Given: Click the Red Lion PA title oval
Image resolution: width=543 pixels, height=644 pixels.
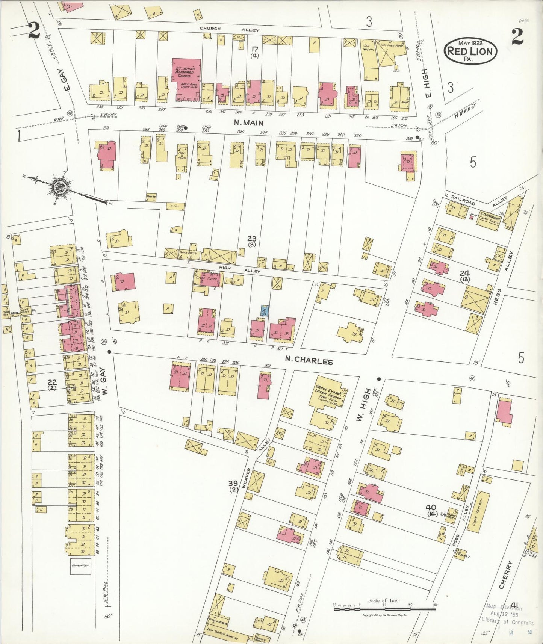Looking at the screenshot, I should tap(470, 51).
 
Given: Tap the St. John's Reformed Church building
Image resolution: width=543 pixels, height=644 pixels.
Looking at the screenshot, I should tap(186, 79).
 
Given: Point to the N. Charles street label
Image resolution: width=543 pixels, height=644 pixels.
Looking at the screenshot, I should tap(309, 361).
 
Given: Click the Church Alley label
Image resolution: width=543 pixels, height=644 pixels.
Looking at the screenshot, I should tap(229, 29).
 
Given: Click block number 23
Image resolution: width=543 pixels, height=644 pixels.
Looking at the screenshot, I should tap(251, 238).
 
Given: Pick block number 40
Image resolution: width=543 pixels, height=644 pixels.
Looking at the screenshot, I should tap(431, 508).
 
